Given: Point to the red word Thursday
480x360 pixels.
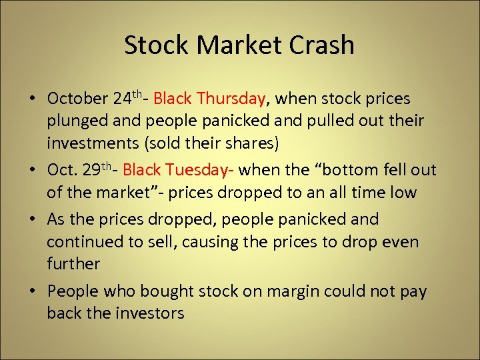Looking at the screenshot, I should click(231, 99).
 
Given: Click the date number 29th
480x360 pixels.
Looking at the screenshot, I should click(103, 169).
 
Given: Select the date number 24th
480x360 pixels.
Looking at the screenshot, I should click(127, 99).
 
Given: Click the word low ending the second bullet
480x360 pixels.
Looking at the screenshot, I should click(401, 193).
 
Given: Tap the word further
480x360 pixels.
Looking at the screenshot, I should click(73, 264).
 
